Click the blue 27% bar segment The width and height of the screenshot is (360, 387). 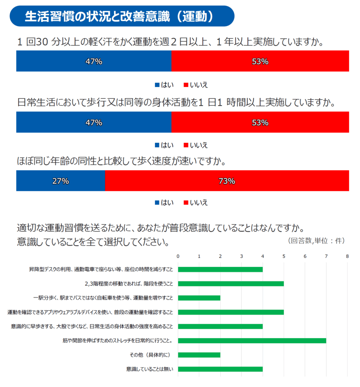tap(60, 181)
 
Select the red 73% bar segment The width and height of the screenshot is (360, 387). tap(227, 181)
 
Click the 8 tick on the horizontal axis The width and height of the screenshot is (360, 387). tap(347, 256)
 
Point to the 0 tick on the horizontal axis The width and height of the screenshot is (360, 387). tap(178, 256)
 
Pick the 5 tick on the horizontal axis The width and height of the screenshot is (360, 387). tap(284, 256)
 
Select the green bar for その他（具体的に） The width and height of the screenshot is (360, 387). tap(199, 355)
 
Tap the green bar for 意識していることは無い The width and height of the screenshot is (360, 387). tap(220, 369)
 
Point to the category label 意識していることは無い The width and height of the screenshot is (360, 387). tap(150, 369)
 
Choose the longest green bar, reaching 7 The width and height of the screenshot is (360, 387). tap(252, 341)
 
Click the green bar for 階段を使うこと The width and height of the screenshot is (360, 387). tap(231, 283)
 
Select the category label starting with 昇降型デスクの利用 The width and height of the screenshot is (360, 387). tap(101, 269)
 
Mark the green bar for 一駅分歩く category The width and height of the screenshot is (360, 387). tap(199, 298)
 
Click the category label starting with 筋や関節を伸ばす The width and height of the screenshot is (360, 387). tap(118, 341)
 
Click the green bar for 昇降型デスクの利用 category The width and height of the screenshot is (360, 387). tap(220, 269)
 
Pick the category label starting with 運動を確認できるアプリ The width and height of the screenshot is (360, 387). tap(91, 312)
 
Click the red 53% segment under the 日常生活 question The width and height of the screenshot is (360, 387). tap(260, 122)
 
